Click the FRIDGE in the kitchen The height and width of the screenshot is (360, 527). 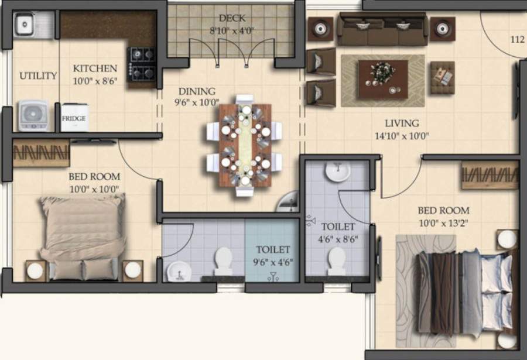click(x=74, y=118)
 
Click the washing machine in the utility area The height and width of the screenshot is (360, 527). click(x=32, y=116)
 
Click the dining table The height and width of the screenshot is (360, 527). click(x=245, y=145)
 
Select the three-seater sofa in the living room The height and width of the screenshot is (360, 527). click(x=382, y=29)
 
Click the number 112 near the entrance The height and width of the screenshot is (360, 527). click(x=517, y=40)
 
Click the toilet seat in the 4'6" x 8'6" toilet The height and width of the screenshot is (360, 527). click(x=337, y=260)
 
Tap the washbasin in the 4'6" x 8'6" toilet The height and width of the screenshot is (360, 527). click(x=337, y=172)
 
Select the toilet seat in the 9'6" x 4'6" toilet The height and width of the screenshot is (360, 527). click(x=223, y=260)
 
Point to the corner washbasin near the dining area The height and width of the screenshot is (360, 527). click(x=289, y=203)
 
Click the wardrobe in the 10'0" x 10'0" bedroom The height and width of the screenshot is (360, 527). click(x=41, y=153)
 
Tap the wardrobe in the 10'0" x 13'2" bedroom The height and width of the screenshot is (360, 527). click(x=490, y=175)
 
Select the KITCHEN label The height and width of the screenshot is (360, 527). click(x=95, y=68)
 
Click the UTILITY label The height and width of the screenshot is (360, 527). click(x=38, y=76)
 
